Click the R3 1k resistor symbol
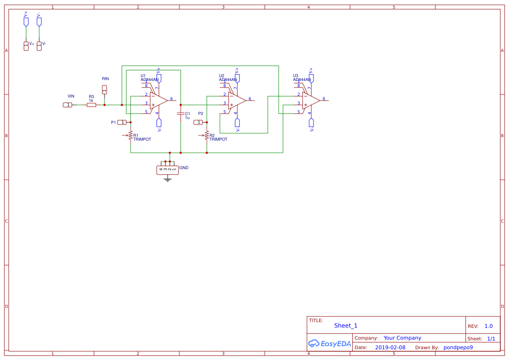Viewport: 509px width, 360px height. coord(91,105)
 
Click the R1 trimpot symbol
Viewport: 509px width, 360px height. coord(131,136)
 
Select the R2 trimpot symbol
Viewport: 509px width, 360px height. coord(207,136)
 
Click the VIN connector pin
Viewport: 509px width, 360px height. coord(68,105)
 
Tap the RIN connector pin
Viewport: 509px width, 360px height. coord(104,90)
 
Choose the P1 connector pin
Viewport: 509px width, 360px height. coord(122,122)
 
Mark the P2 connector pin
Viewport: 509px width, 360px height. coord(198,122)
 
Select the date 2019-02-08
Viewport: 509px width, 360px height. coord(390,347)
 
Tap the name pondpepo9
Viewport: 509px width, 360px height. coord(458,347)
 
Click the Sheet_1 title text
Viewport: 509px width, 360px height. coord(346,326)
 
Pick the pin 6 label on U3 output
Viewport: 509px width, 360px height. coord(324,99)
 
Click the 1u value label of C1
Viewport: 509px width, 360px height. coord(187,118)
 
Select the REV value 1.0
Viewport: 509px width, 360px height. coord(488,326)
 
